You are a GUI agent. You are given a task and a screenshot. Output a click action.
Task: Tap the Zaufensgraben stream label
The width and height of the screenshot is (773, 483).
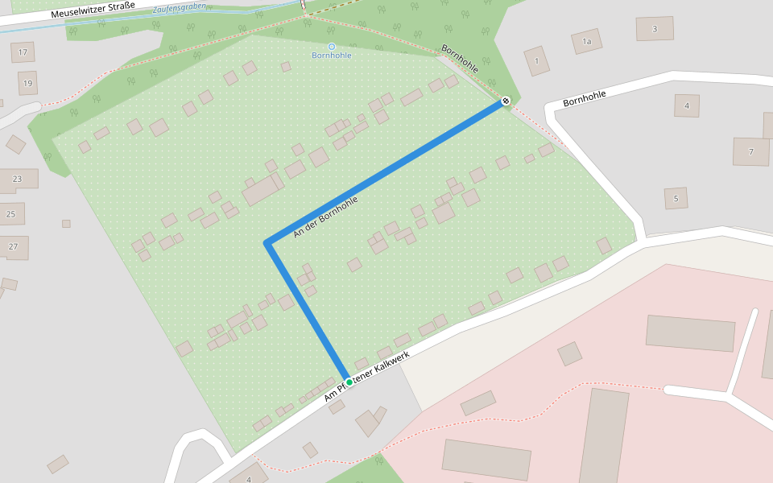[179, 8]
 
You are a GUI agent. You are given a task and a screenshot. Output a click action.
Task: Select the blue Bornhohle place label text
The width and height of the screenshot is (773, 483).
[331, 56]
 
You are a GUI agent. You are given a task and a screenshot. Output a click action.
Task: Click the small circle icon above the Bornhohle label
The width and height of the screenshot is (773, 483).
[331, 47]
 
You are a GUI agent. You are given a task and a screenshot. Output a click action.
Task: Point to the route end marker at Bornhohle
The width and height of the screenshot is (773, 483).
[505, 101]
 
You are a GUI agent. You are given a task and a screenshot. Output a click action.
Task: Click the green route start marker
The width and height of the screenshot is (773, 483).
[349, 382]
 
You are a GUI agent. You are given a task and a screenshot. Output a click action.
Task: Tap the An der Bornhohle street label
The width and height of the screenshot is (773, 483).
[324, 217]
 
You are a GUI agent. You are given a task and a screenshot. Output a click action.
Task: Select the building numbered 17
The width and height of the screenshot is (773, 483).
[23, 52]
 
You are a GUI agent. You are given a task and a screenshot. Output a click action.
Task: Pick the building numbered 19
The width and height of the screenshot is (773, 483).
[27, 83]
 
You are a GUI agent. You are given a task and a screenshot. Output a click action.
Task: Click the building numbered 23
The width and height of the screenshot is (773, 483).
[18, 179]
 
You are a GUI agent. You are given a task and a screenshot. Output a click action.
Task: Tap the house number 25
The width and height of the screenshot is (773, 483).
[11, 214]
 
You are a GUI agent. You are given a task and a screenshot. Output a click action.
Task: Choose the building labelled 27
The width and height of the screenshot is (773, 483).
[13, 246]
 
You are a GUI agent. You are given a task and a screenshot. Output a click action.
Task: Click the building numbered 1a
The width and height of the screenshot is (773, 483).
[586, 41]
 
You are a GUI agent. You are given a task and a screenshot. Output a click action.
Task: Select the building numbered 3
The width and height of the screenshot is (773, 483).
[655, 29]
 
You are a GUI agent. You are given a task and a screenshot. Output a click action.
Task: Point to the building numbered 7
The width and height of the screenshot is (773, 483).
[750, 151]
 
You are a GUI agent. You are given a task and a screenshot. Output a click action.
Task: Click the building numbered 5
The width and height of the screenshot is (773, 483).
[676, 198]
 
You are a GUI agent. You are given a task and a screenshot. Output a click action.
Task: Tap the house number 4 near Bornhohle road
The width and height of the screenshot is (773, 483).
[687, 105]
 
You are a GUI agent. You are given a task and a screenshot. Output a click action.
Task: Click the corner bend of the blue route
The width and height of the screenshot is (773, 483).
[267, 242]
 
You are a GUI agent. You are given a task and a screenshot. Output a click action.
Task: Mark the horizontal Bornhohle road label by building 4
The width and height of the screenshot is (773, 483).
[584, 99]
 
